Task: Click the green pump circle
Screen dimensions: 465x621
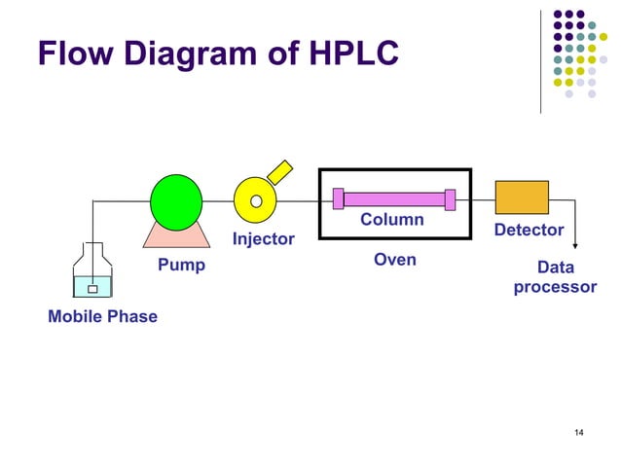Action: click(x=176, y=202)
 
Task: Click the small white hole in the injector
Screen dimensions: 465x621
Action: click(x=256, y=201)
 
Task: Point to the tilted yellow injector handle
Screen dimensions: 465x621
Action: click(x=281, y=171)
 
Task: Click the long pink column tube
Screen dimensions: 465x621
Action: click(x=394, y=198)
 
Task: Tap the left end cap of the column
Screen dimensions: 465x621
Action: click(x=339, y=198)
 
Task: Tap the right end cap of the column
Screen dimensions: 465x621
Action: click(x=450, y=198)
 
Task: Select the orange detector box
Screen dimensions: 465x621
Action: click(x=522, y=197)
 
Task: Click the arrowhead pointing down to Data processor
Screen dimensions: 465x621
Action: click(x=575, y=245)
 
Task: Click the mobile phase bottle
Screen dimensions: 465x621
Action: click(x=92, y=272)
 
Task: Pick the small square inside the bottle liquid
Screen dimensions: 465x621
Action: click(x=92, y=288)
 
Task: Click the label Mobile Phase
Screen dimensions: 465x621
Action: click(x=102, y=316)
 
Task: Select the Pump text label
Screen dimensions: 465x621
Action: click(x=181, y=265)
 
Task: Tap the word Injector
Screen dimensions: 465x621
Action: click(x=263, y=239)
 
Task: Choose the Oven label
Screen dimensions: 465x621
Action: click(x=395, y=260)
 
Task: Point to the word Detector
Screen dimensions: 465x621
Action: click(x=529, y=230)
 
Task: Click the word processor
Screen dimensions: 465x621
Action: click(x=555, y=287)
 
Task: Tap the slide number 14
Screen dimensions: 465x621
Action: click(x=579, y=432)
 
